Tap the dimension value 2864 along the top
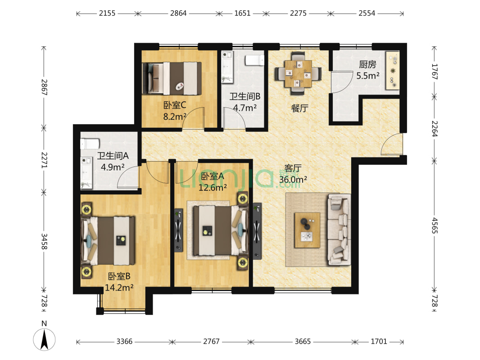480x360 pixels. (x=178, y=13)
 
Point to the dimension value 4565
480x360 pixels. (x=435, y=225)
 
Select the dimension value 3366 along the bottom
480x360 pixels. (x=124, y=342)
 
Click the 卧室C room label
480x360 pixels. (x=175, y=105)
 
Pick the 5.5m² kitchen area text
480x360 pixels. (x=367, y=75)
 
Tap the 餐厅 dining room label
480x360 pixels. (x=299, y=108)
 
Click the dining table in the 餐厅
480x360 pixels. (x=298, y=73)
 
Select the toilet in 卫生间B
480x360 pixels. (x=254, y=60)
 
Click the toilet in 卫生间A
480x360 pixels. (x=90, y=144)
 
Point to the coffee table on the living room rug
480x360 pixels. (x=307, y=230)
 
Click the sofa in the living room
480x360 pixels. (x=339, y=229)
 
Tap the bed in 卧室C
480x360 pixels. (x=172, y=78)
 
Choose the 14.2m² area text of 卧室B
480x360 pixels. (x=119, y=288)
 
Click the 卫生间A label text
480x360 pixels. (x=113, y=156)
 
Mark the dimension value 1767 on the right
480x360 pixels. (x=435, y=72)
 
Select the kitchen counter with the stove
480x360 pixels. (x=393, y=71)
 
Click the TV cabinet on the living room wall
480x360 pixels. (x=257, y=231)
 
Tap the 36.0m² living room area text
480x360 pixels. (x=293, y=180)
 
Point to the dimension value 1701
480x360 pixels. (x=379, y=342)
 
